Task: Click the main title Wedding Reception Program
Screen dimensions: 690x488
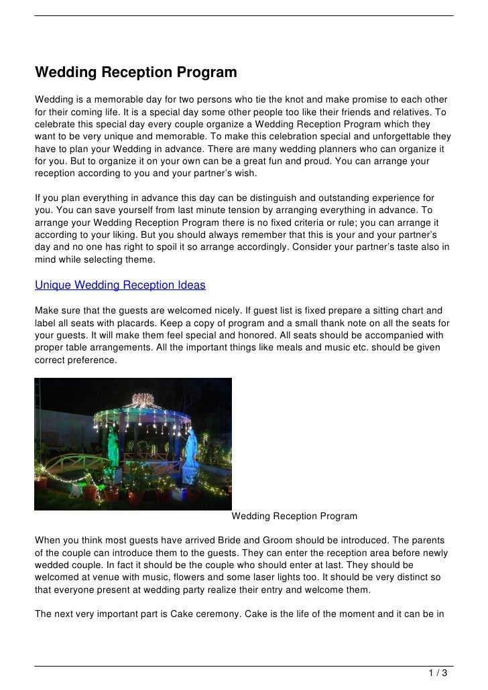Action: tap(136, 72)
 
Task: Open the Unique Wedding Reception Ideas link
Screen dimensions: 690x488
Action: tap(120, 285)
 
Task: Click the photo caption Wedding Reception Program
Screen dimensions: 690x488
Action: tap(294, 516)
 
